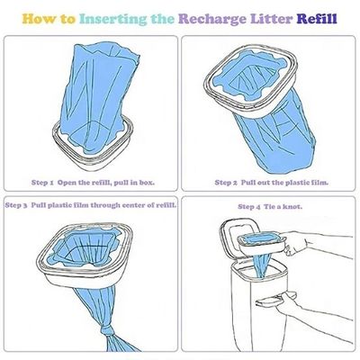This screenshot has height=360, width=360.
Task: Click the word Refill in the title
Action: [x=317, y=19]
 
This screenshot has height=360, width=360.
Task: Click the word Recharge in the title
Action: [x=211, y=19]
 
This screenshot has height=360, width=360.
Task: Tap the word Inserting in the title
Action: [x=113, y=19]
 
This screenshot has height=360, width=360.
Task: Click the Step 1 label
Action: [x=42, y=183]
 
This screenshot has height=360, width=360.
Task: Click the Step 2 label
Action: [x=226, y=183]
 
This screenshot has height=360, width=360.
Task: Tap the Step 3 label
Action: [x=16, y=205]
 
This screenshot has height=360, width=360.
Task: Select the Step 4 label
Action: [x=249, y=207]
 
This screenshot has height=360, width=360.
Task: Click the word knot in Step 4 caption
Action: [x=292, y=207]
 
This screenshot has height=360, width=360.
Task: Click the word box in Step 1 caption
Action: [x=147, y=183]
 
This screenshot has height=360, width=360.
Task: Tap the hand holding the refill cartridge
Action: [x=295, y=242]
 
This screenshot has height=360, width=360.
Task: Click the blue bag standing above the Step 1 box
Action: [x=97, y=96]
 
